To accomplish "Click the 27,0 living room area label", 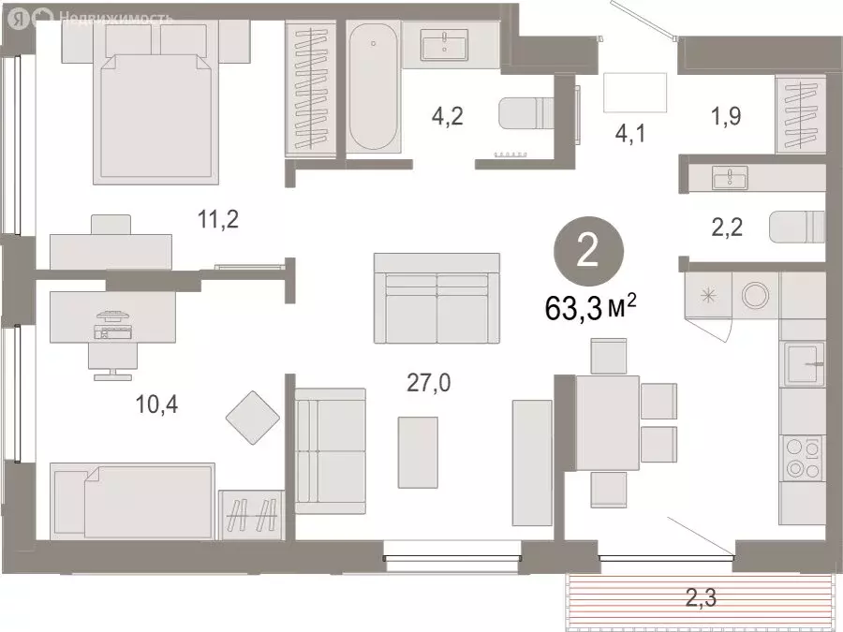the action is pos(428,383).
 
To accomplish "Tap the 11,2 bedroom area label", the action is pos(217,219).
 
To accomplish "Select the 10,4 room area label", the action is pos(156,404).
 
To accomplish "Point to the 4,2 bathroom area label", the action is pos(448,116).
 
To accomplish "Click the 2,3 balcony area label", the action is pos(701,597).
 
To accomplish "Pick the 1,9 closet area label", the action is pos(726,115).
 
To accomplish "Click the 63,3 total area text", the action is pos(590,308).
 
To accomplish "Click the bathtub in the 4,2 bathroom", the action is pos(373,86).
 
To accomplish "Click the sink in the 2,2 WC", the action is pos(730,178).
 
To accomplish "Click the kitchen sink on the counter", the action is pos(804,364).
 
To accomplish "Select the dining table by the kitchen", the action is pos(608,423).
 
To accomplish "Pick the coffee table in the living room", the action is pos(418,452).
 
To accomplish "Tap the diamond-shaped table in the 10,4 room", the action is pos(253,417).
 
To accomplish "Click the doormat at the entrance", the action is pos(635,93).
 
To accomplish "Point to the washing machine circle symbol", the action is pos(755,295).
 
